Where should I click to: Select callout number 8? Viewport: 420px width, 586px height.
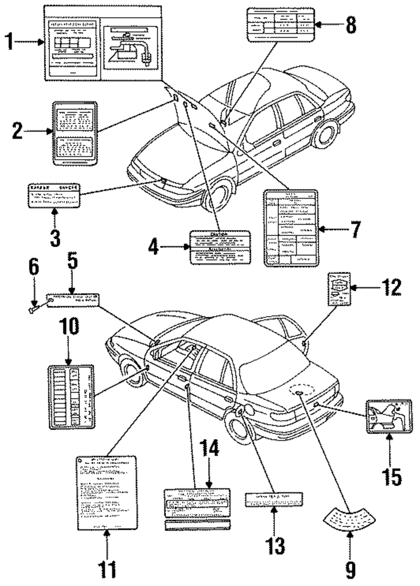point(351,24)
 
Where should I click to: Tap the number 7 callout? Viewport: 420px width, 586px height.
point(355,229)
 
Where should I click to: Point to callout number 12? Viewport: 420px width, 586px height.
point(391,288)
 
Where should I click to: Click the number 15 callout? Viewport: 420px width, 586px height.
point(391,477)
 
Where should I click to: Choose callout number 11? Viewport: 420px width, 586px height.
point(107,568)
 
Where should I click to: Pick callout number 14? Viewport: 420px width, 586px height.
point(209,449)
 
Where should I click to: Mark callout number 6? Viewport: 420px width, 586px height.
point(33,266)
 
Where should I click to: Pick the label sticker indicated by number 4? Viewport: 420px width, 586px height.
point(220,247)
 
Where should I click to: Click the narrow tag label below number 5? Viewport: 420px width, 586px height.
point(73,299)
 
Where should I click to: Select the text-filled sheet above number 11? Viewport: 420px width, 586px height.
point(107,492)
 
